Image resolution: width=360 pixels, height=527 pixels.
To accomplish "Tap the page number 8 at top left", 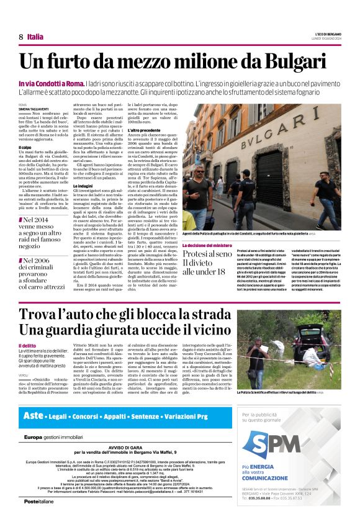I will (21, 37).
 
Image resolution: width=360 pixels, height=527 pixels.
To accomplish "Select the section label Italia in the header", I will (36, 37).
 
